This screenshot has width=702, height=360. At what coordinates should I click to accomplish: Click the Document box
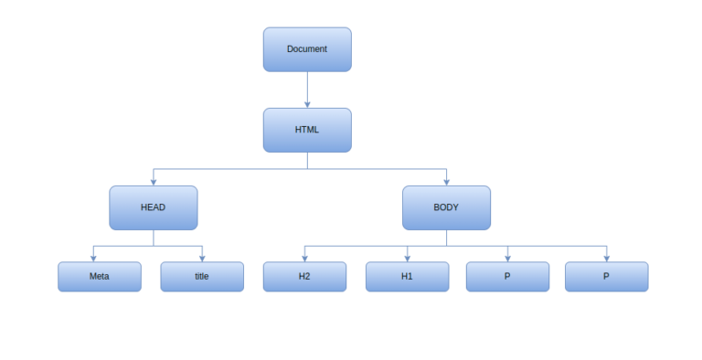[x=307, y=49]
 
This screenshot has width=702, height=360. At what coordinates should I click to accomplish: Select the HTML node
[x=307, y=130]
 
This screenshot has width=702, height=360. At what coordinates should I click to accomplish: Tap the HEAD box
[x=153, y=207]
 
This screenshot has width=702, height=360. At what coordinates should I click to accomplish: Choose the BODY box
[x=446, y=207]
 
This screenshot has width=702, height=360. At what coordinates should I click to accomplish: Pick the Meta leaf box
[x=100, y=276]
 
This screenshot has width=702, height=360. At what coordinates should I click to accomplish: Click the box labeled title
[x=202, y=276]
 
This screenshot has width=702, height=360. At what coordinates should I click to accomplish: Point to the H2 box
[x=304, y=276]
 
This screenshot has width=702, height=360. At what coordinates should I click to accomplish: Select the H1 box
[x=407, y=276]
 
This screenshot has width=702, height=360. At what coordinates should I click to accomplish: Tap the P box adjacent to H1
[x=507, y=276]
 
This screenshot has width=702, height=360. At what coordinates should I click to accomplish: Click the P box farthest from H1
[x=606, y=276]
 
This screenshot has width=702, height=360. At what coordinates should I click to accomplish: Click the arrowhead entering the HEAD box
[x=153, y=182]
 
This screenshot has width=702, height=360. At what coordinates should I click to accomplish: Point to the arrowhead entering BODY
[x=446, y=182]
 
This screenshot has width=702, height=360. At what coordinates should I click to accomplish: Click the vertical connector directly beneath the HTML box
[x=307, y=160]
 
